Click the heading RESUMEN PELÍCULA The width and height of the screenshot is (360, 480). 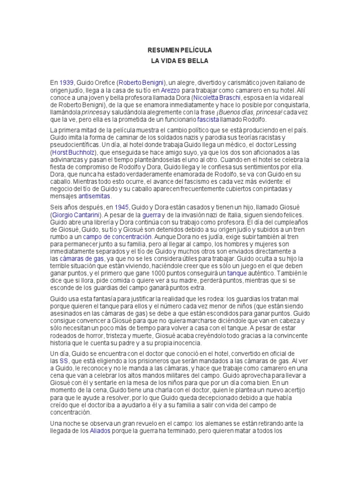(180, 49)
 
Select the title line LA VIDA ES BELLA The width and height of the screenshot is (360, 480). (180, 61)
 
